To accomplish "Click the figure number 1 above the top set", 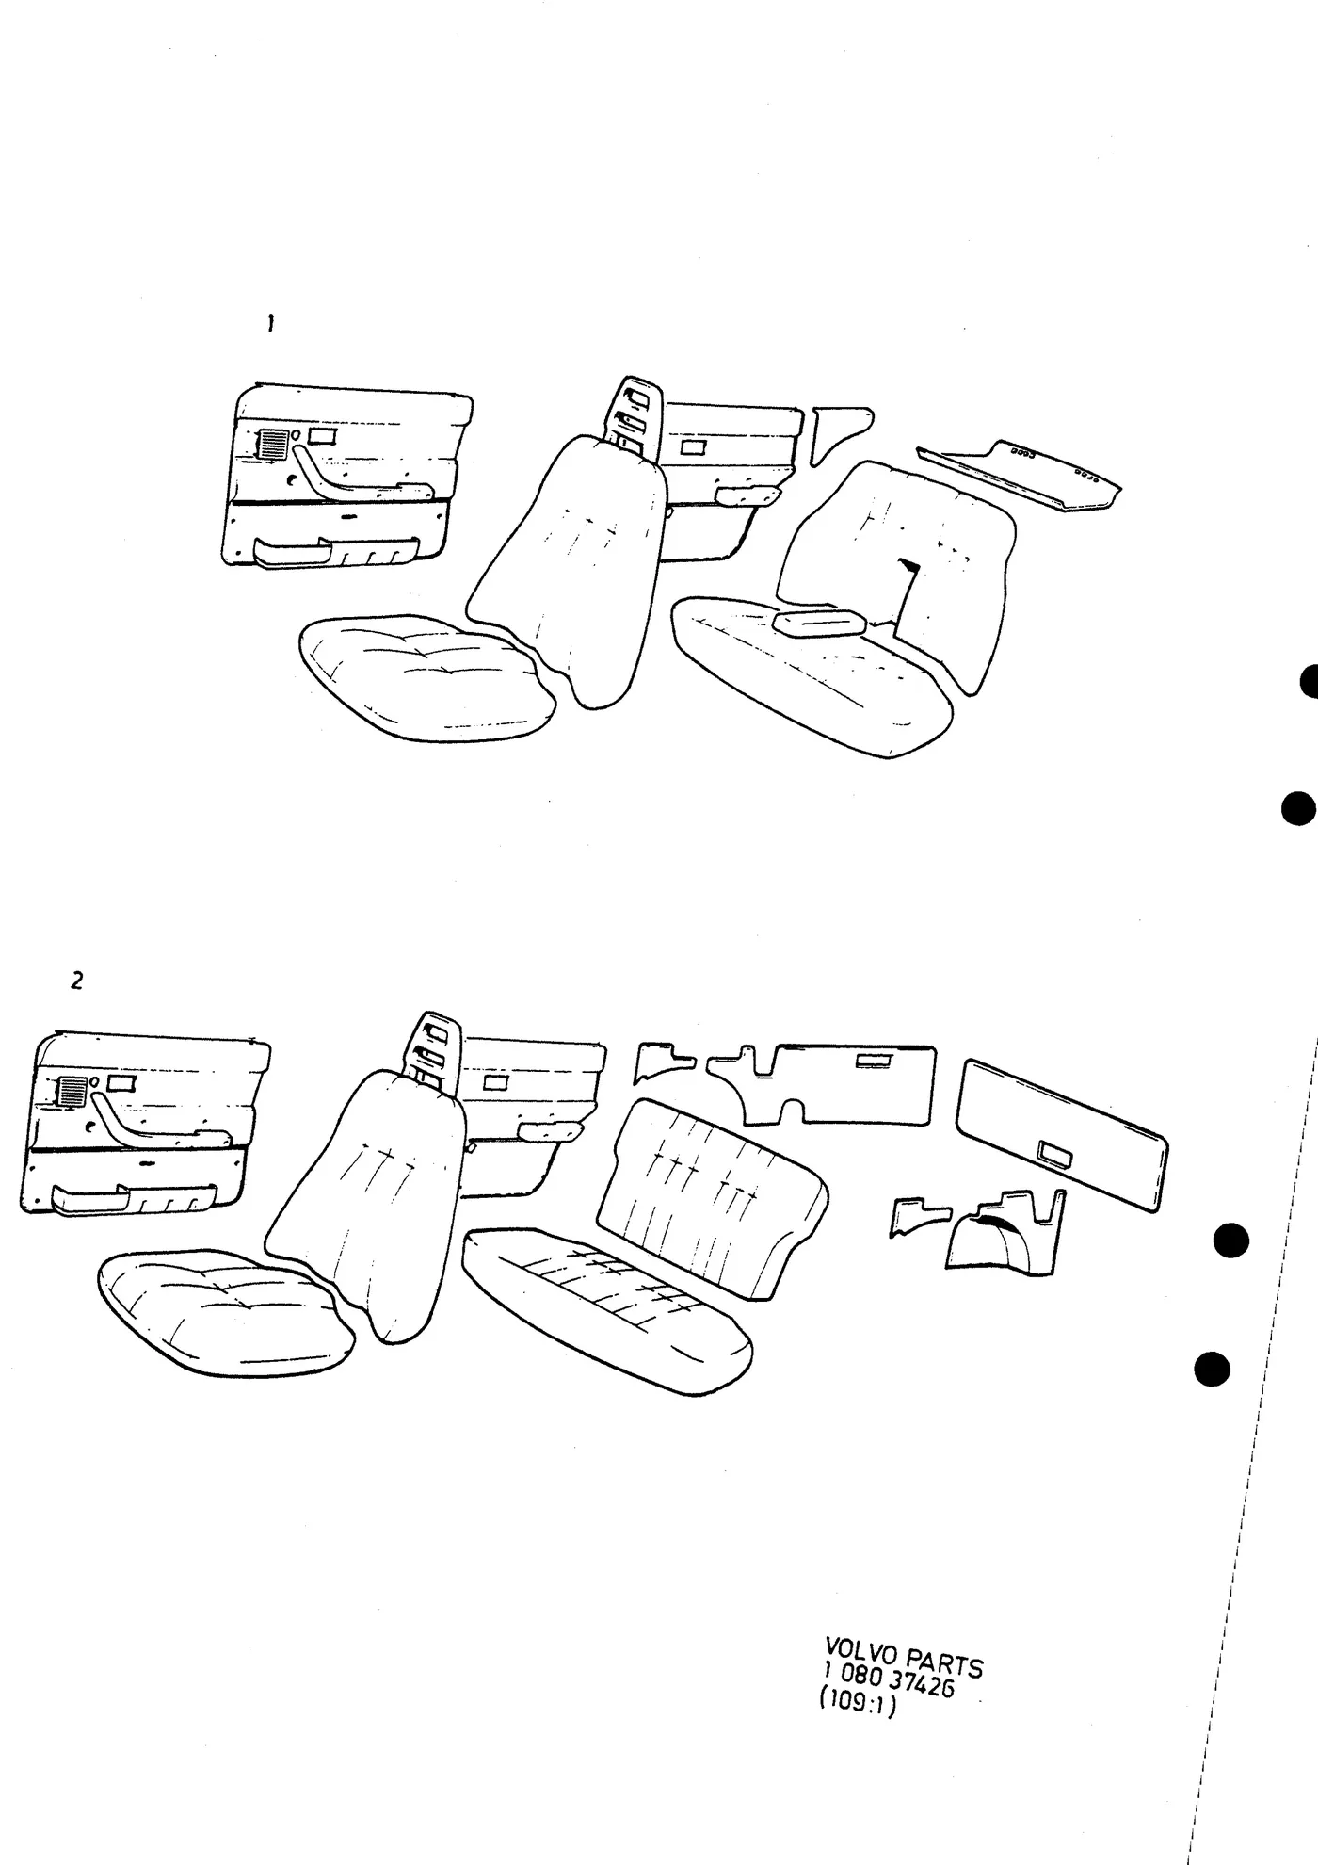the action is (270, 323).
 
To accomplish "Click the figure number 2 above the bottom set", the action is (77, 981).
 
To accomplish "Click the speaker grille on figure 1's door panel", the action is (273, 444).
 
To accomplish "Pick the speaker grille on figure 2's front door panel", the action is (73, 1092).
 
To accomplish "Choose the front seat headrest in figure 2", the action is (431, 1046).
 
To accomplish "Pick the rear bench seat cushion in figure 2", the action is (608, 1309).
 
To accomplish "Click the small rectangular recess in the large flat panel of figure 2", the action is (1054, 1152).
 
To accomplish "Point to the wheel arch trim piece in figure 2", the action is (1003, 1234).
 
